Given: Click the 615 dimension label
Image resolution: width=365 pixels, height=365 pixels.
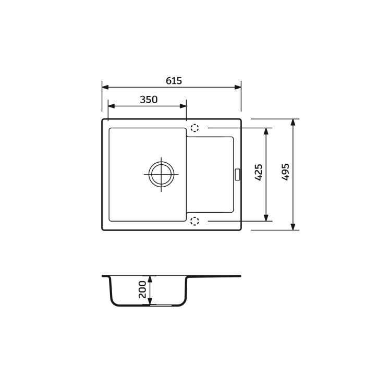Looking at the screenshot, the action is tap(174, 80).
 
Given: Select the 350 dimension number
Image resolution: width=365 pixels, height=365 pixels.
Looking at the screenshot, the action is tap(149, 100).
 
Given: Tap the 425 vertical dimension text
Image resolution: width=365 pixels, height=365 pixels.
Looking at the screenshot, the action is tap(259, 173).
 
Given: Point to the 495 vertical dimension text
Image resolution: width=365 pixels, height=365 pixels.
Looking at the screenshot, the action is tap(285, 172).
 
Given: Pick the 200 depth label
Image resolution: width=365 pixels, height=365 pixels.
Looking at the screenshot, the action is tap(142, 289).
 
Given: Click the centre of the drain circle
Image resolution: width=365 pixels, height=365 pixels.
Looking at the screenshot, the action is tap(161, 174).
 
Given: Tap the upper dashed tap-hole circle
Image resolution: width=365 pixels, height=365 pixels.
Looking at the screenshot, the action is tap(194, 128).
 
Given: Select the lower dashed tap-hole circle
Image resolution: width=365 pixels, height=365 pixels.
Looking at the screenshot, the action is tap(194, 221).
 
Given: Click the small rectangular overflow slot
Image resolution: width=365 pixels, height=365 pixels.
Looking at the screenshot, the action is tap(237, 174).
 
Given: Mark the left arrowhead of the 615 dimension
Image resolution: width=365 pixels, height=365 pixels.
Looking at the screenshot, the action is tap(105, 87).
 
